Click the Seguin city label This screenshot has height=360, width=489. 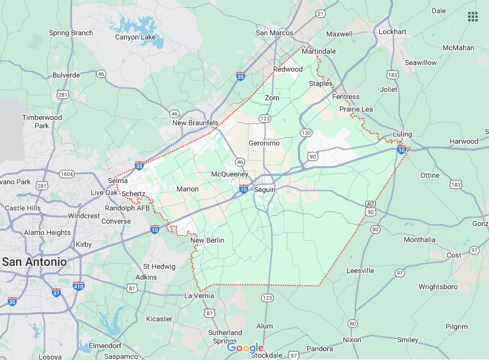[x=265, y=189]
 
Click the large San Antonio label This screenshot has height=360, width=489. [x=34, y=262]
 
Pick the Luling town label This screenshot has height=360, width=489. [x=403, y=134]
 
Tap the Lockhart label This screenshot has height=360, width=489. [x=392, y=31]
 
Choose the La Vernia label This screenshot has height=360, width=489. [x=199, y=296]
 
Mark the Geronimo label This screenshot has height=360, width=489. [x=264, y=143]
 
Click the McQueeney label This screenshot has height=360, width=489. [x=230, y=173]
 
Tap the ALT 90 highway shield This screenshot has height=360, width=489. [x=370, y=208]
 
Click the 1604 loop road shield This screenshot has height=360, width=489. [x=66, y=173]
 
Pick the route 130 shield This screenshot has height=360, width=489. [x=306, y=132]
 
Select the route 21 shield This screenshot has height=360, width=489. [x=320, y=13]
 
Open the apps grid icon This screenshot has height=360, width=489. [x=473, y=17]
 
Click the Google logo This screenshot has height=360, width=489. [x=244, y=348]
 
